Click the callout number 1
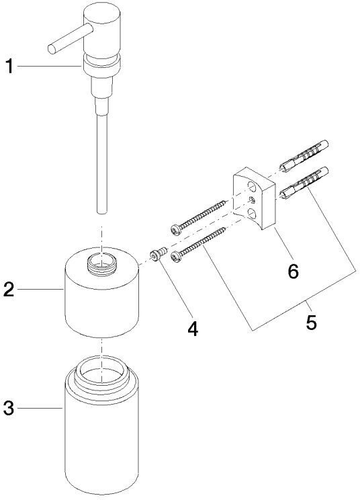pyautogui.click(x=10, y=67)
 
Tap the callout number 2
pyautogui.click(x=9, y=289)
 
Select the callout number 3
pyautogui.click(x=9, y=408)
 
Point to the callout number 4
pyautogui.click(x=193, y=329)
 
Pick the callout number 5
pyautogui.click(x=311, y=322)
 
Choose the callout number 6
pyautogui.click(x=293, y=271)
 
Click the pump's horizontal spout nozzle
pyautogui.click(x=69, y=39)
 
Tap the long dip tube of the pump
pyautogui.click(x=102, y=163)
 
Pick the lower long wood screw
pyautogui.click(x=199, y=245)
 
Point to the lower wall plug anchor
pyautogui.click(x=304, y=182)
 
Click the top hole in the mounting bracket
pyautogui.click(x=252, y=187)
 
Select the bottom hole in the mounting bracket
pyautogui.click(x=252, y=213)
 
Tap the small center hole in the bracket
pyautogui.click(x=252, y=200)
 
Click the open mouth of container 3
pyautogui.click(x=101, y=371)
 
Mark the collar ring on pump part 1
pyautogui.click(x=101, y=64)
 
